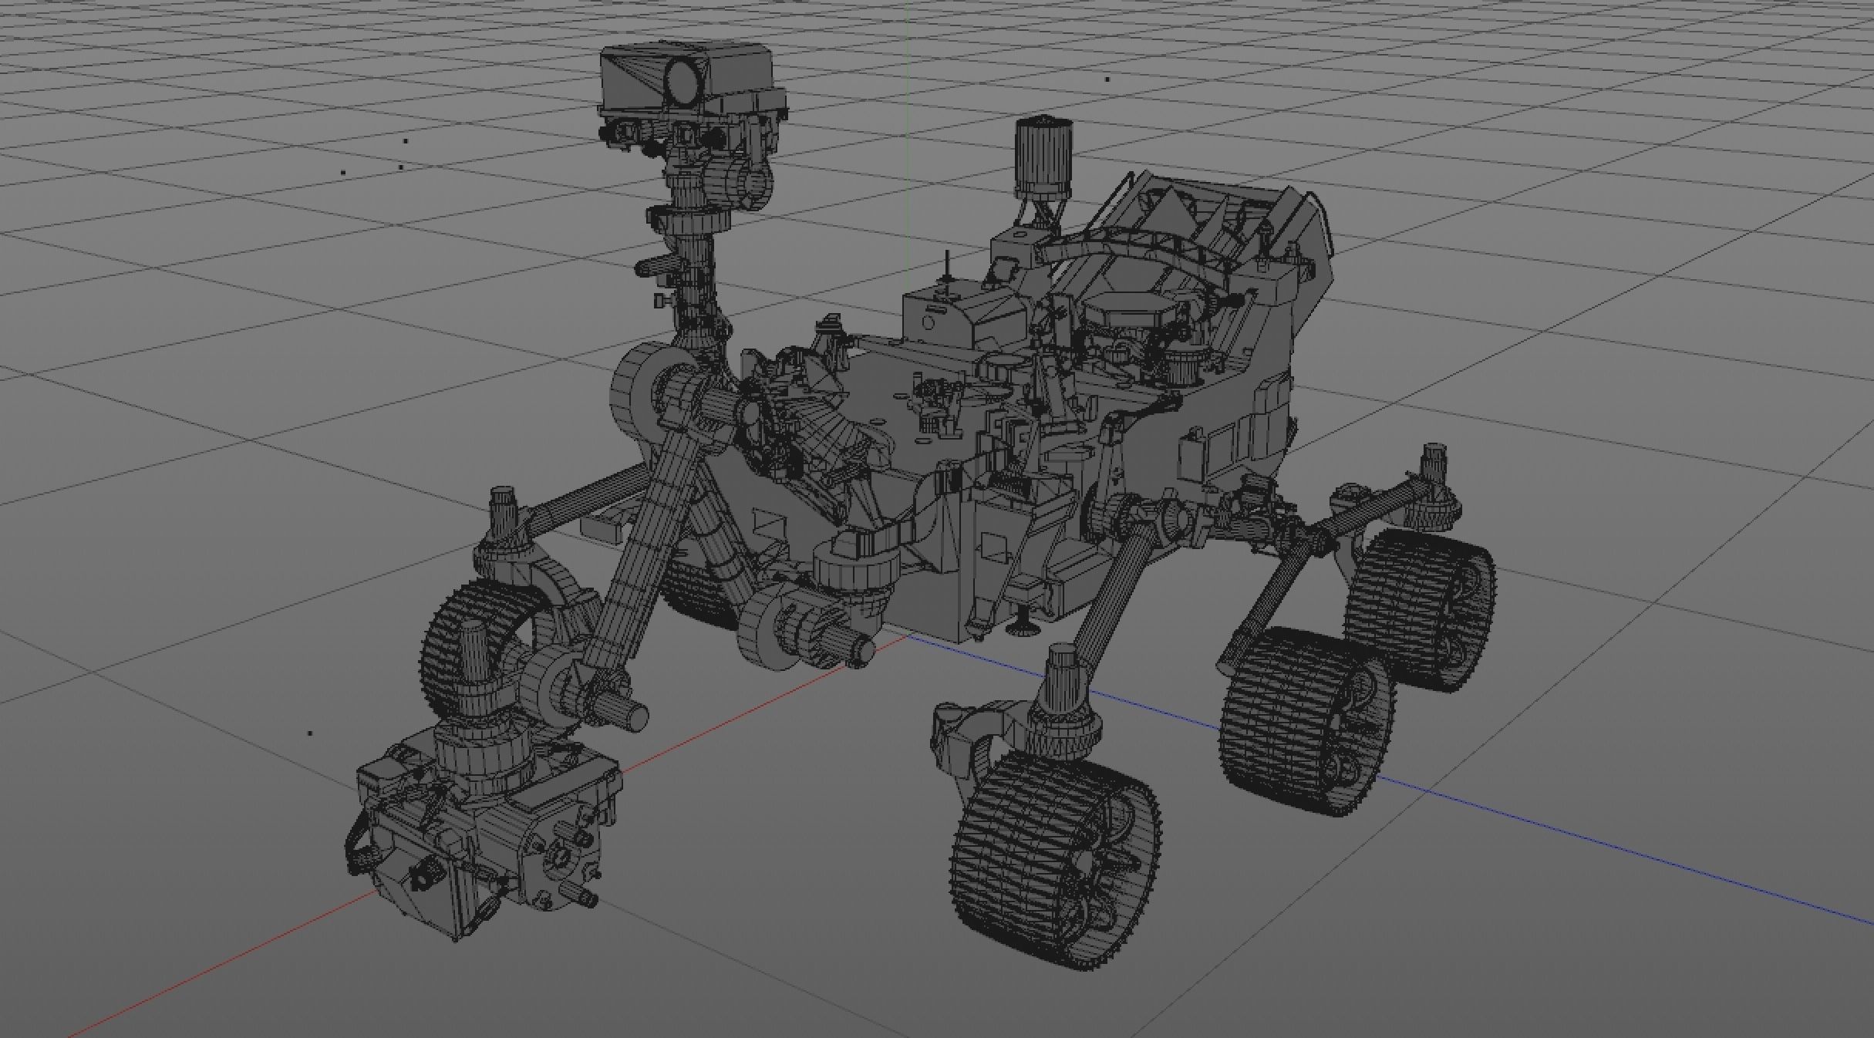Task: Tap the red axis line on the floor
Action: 231,964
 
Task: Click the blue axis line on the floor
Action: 1620,848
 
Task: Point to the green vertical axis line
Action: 906,116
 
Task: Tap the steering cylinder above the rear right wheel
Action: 1433,467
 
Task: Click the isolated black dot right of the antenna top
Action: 1107,79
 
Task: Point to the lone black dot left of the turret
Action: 310,733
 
